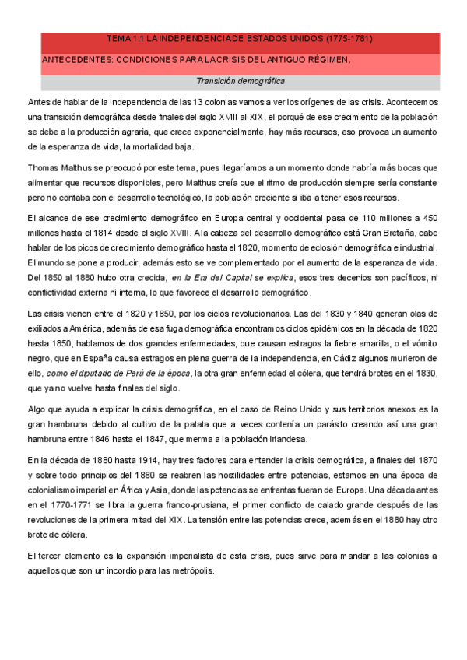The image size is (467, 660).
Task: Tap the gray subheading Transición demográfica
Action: click(x=240, y=80)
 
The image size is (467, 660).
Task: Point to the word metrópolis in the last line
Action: click(x=188, y=570)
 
